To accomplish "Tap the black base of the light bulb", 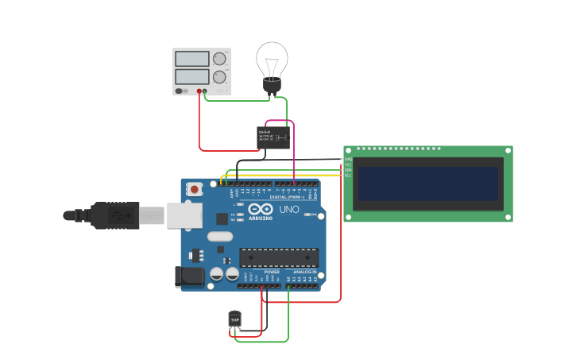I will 273,86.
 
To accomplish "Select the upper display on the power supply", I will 191,59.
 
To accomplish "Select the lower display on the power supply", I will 191,77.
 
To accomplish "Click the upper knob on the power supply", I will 219,59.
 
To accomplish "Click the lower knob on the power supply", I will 219,77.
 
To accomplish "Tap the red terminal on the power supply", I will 199,91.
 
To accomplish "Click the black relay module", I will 273,137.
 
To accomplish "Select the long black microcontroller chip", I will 279,257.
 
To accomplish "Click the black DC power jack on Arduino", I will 188,276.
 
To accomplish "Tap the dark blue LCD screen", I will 427,184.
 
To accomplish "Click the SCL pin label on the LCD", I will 348,175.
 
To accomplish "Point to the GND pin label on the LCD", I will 348,159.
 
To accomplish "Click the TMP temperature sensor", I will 234,319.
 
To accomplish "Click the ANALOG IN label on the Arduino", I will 304,272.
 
